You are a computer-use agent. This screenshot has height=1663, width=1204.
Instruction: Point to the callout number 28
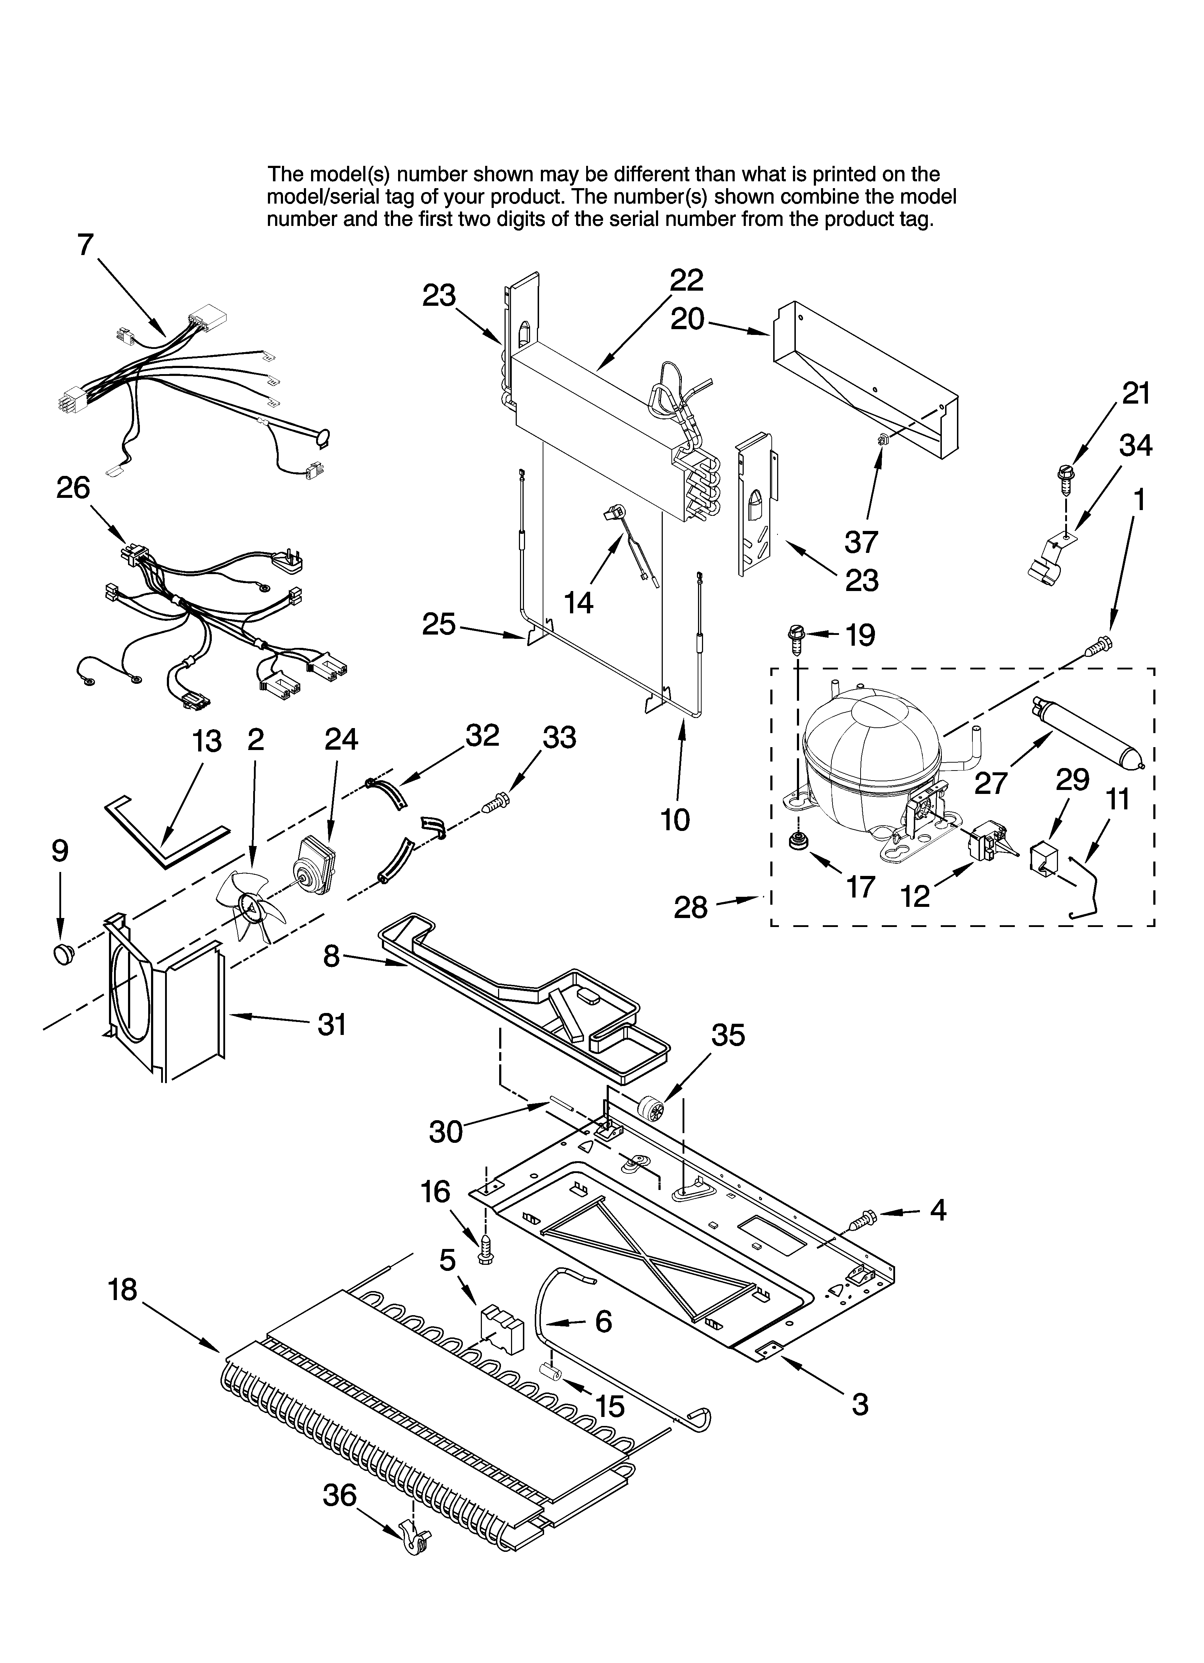tap(691, 908)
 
